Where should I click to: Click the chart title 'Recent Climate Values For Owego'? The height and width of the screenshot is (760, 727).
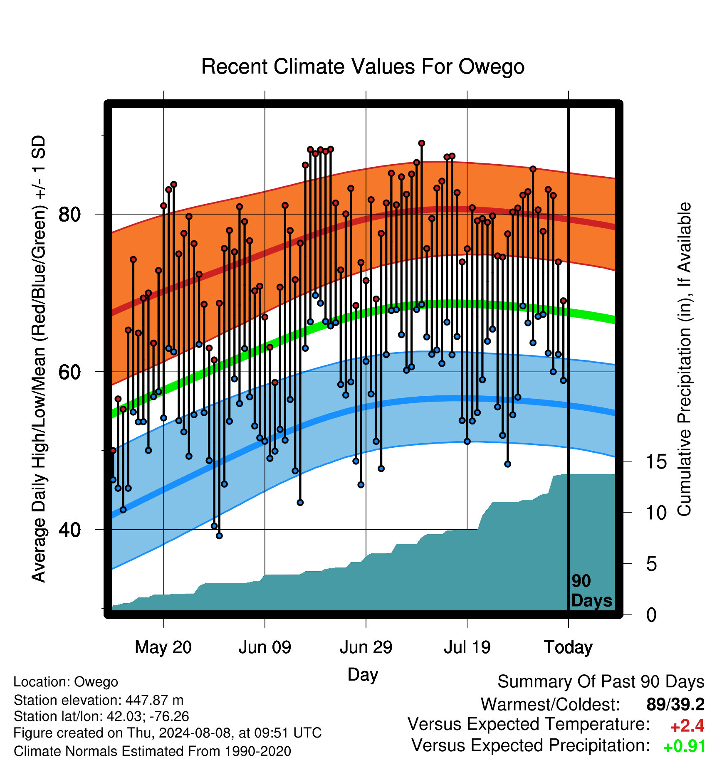point(363,67)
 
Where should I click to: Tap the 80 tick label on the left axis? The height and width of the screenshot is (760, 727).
point(69,215)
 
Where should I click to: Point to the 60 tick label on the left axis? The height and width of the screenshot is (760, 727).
point(69,372)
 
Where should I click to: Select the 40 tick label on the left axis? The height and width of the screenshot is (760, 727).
point(69,530)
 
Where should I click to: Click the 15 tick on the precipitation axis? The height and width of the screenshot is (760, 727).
point(656,462)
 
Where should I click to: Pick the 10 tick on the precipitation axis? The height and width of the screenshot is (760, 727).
point(656,513)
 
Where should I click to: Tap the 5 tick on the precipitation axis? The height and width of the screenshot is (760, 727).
point(652,564)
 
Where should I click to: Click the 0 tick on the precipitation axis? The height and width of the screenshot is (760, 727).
point(652,615)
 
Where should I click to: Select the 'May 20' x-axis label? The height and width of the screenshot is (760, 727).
point(163,647)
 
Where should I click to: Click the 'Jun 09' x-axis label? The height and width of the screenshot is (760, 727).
point(265,647)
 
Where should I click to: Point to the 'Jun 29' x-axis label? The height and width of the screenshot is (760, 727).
point(366,647)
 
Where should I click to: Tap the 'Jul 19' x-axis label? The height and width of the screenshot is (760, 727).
point(467,647)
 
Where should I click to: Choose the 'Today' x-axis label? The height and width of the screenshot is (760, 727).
point(569,647)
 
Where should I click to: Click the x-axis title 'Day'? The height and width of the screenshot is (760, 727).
point(363,674)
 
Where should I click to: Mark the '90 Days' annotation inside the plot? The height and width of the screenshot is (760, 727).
point(591,591)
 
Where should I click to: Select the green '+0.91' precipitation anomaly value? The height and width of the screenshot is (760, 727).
point(685,746)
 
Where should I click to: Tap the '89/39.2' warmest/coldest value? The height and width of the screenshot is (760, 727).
point(675,704)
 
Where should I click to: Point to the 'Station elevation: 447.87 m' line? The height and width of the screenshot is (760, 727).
point(99,700)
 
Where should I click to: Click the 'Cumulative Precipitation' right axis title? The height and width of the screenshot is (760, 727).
point(684,360)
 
